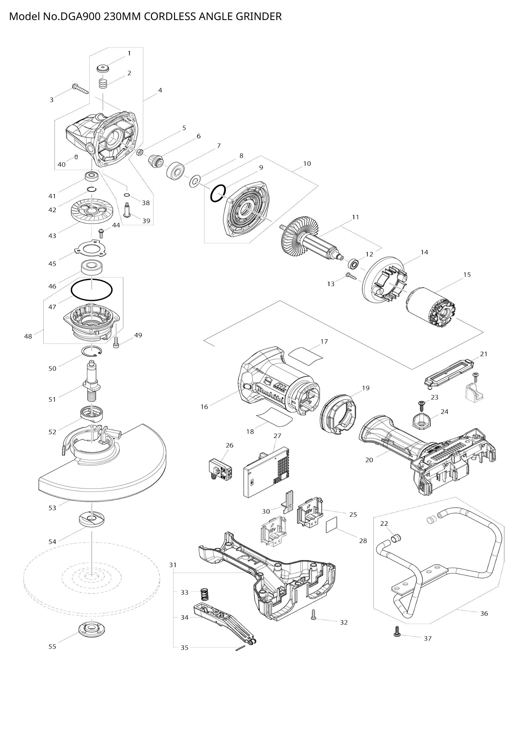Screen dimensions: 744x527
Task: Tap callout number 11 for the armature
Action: (x=355, y=217)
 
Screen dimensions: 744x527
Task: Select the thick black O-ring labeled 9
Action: (x=217, y=193)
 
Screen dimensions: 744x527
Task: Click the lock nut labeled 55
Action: (x=92, y=628)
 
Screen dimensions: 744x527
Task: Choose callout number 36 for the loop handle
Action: (x=484, y=614)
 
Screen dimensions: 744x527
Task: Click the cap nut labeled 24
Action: (x=422, y=422)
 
